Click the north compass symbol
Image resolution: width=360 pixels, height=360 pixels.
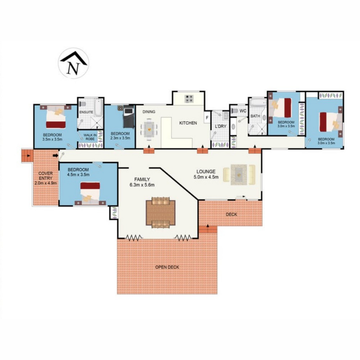73,63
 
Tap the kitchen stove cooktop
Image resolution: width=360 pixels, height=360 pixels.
189,99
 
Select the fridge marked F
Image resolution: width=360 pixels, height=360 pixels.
207,117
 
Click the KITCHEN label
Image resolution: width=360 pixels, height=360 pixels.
188,123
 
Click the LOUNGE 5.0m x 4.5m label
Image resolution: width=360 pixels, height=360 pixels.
206,174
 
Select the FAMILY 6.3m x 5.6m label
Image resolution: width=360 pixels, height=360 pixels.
142,182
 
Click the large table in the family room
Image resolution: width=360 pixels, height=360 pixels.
160,213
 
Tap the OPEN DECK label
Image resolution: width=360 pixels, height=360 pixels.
167,267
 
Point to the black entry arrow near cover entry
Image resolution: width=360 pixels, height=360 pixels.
55,155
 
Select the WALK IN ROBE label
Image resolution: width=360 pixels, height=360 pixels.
90,137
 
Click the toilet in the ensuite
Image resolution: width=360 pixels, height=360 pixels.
83,104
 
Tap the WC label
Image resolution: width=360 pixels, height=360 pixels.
243,111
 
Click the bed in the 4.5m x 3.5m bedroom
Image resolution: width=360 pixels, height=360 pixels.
90,193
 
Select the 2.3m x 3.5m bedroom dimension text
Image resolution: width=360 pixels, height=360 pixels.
120,138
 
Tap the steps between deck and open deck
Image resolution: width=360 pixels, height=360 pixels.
208,229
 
